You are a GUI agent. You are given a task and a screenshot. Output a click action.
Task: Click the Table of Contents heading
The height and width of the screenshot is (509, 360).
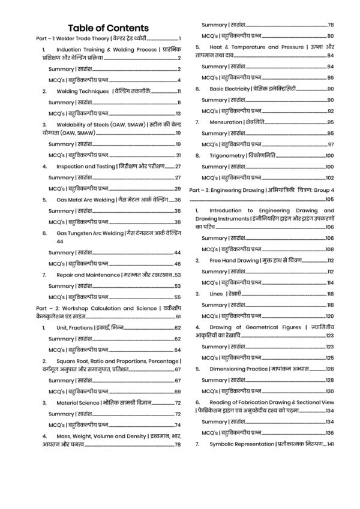109,28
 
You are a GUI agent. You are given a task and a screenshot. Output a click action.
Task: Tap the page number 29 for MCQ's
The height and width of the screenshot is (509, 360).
178,188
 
